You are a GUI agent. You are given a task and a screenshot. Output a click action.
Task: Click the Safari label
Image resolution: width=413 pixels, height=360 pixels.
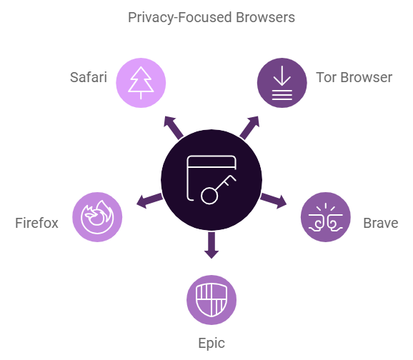click(89, 77)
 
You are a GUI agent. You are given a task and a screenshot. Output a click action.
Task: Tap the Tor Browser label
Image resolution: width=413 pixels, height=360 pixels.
click(354, 77)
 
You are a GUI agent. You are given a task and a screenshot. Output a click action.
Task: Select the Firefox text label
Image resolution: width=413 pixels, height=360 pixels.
click(36, 223)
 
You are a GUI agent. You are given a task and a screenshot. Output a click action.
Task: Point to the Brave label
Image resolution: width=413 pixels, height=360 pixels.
click(381, 223)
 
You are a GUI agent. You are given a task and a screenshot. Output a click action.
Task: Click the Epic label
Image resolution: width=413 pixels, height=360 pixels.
click(212, 344)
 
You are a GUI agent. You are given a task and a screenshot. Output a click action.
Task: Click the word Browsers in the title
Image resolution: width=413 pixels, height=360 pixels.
click(265, 18)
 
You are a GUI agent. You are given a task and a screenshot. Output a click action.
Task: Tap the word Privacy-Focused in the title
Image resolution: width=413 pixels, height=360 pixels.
click(180, 18)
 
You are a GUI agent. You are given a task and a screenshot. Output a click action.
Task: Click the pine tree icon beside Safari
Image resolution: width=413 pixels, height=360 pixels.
click(141, 83)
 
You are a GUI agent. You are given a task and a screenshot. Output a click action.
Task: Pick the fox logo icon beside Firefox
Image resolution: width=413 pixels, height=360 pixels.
click(97, 217)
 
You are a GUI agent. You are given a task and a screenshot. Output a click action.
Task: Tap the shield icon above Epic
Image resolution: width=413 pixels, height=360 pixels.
click(212, 300)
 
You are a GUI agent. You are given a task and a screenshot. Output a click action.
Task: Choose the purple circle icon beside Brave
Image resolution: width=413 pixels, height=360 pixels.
click(326, 217)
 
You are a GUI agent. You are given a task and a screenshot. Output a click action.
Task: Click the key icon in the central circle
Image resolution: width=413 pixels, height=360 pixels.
click(219, 189)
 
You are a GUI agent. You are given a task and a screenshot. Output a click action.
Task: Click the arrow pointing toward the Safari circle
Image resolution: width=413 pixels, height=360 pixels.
click(173, 128)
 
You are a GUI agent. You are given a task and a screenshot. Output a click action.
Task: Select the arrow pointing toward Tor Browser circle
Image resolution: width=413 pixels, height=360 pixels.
click(249, 128)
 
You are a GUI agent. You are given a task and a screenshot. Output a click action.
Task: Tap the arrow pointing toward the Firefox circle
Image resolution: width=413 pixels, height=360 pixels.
click(149, 201)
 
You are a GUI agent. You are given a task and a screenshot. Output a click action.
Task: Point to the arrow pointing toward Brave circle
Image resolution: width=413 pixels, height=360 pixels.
click(274, 201)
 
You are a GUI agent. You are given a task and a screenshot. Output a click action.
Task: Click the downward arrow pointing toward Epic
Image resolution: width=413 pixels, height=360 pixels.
click(212, 245)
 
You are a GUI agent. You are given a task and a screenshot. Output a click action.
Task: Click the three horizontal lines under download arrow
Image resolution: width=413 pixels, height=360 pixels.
click(282, 95)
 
